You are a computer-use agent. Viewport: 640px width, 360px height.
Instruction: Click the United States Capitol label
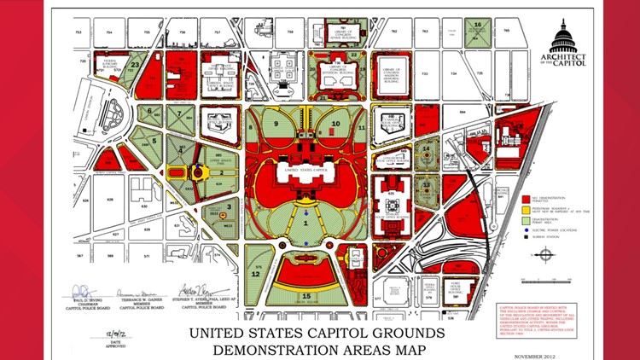[x=306, y=170]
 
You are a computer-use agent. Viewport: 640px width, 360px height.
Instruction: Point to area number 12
[x=255, y=274]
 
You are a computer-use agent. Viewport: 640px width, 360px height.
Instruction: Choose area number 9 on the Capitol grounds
[x=278, y=123]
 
